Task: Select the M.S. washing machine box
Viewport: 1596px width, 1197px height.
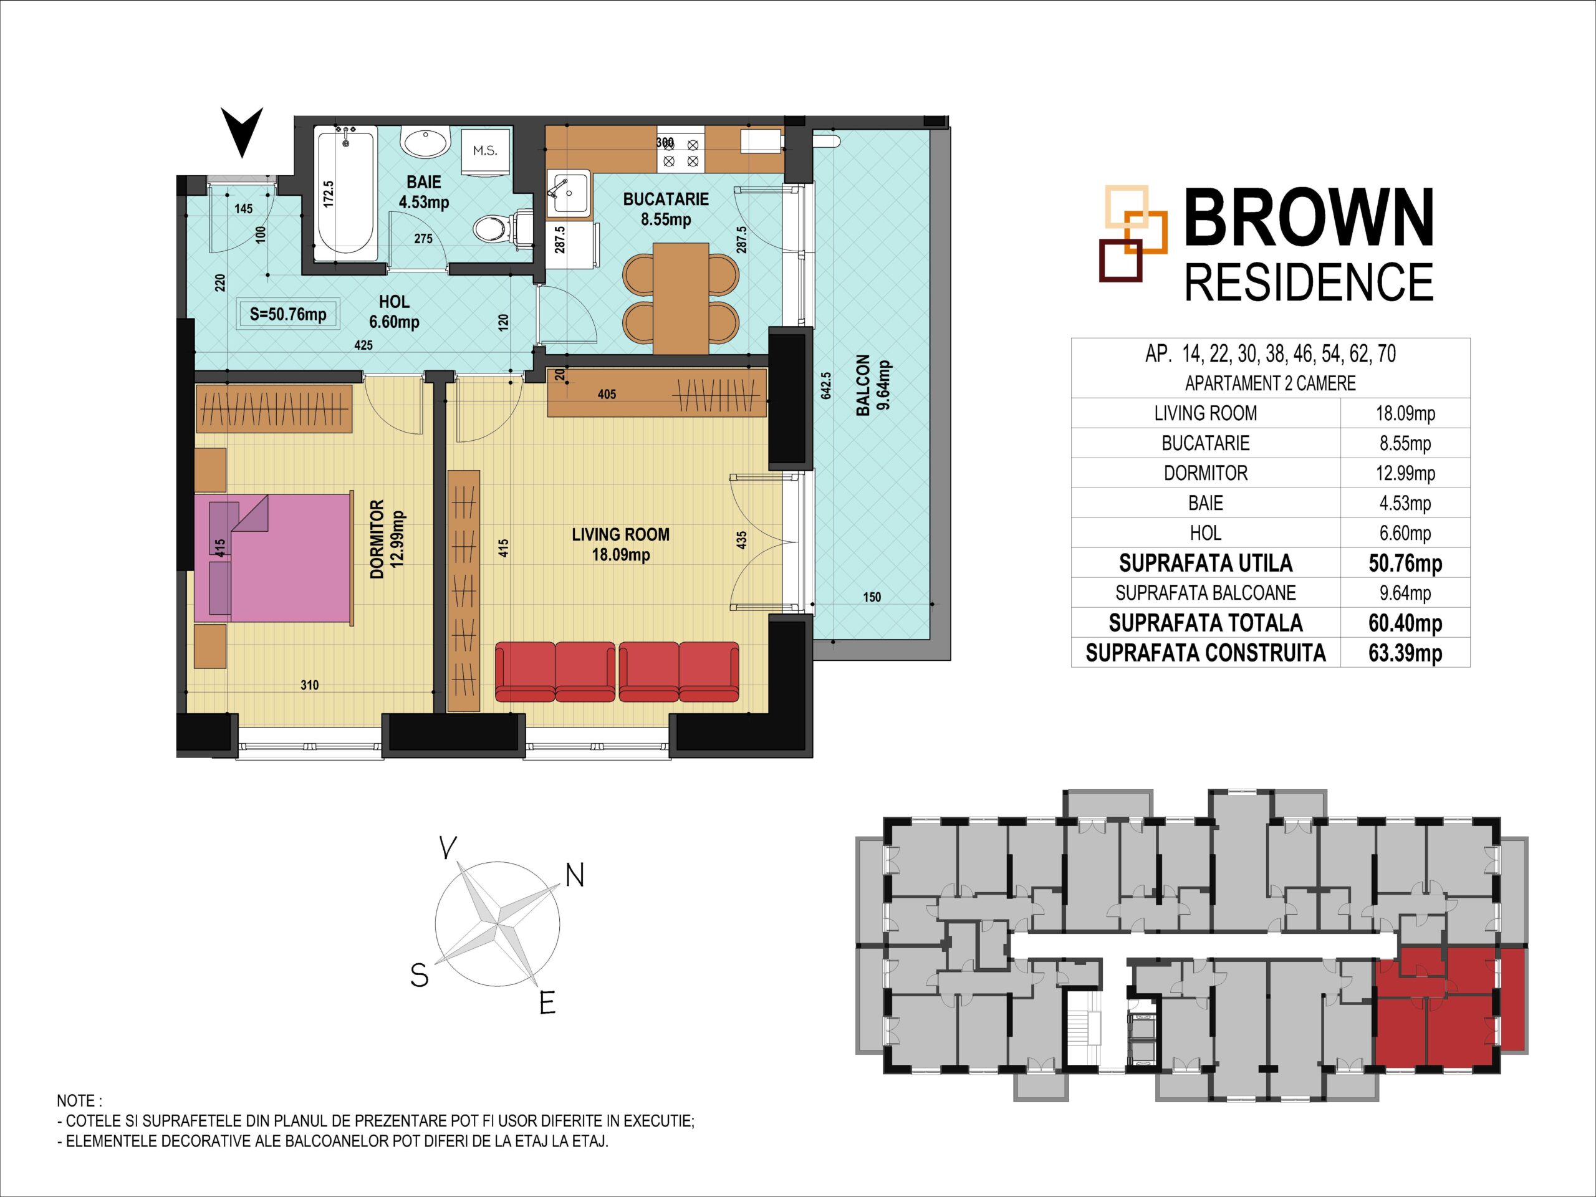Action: [485, 151]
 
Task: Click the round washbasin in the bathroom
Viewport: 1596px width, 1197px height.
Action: [426, 142]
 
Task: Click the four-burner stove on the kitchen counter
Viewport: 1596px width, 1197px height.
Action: [679, 151]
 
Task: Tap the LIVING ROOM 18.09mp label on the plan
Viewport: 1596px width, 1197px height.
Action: [620, 544]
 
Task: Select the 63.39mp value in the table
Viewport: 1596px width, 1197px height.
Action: [1405, 653]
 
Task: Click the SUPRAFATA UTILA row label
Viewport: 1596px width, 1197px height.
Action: [1205, 563]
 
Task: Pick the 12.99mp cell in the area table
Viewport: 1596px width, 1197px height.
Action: [1405, 473]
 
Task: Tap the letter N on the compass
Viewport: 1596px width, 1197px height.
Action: [574, 875]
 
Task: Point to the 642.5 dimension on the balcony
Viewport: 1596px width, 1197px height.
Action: [826, 385]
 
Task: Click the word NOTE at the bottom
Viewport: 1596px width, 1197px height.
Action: [75, 1102]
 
